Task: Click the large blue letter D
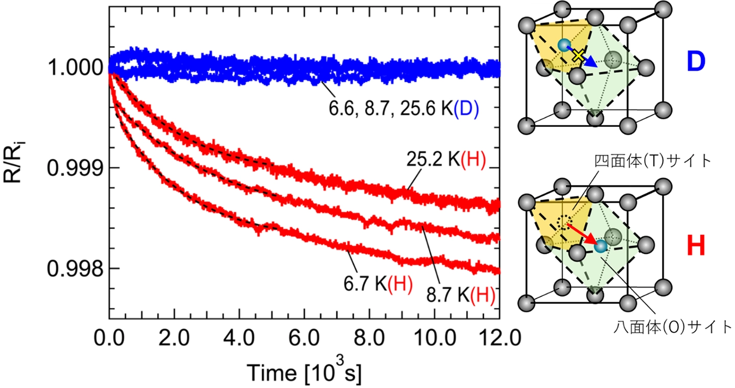pyautogui.click(x=695, y=61)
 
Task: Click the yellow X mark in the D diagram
pyautogui.click(x=578, y=56)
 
